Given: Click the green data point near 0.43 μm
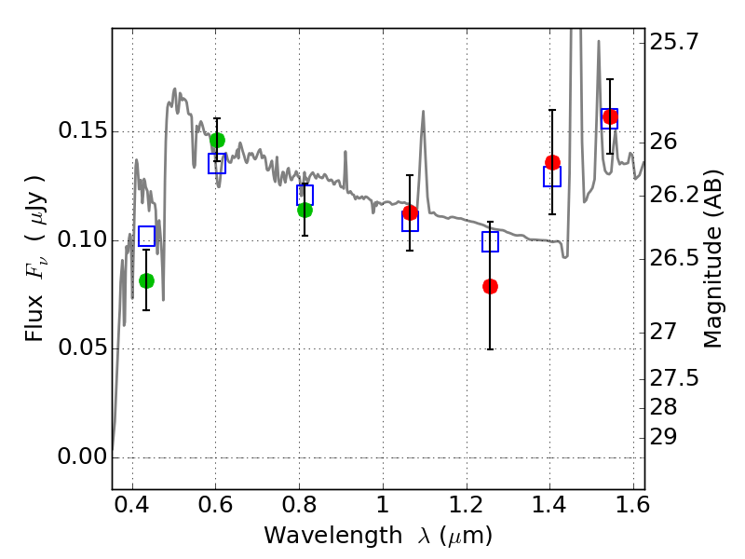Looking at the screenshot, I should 146,280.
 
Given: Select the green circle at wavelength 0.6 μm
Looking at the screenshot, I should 217,141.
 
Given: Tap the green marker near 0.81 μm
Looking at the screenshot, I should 305,210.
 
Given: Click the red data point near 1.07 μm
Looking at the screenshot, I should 410,212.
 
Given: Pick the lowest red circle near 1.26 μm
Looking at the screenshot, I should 490,286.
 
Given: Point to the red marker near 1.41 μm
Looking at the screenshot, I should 552,162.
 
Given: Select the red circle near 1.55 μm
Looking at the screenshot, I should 610,116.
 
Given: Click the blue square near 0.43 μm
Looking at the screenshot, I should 146,236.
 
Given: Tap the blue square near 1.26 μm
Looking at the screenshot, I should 490,242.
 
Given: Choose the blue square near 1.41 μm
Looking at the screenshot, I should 552,176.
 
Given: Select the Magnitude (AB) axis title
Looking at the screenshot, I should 713,260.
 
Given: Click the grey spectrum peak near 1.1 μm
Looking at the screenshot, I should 423,113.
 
